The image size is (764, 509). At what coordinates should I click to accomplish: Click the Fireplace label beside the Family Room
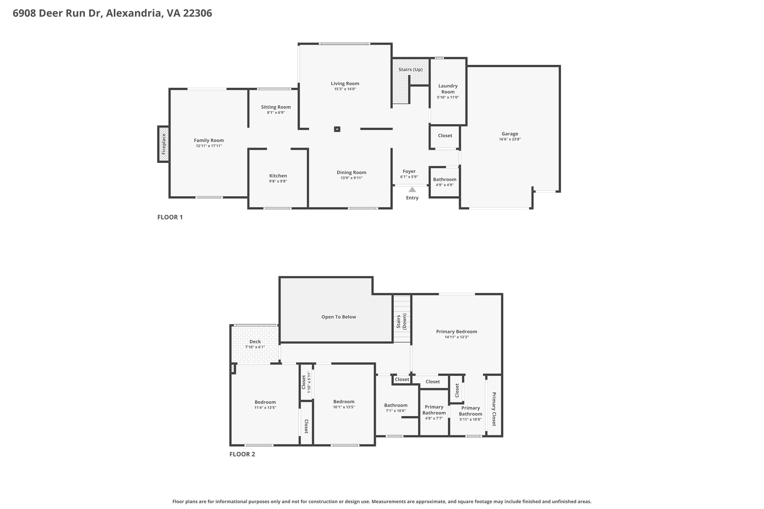pyautogui.click(x=163, y=144)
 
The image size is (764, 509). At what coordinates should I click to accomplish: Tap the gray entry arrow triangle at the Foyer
pyautogui.click(x=412, y=189)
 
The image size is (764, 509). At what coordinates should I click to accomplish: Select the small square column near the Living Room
pyautogui.click(x=337, y=129)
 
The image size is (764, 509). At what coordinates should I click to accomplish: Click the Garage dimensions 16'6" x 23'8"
pyautogui.click(x=510, y=139)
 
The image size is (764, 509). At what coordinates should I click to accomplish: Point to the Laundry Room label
pyautogui.click(x=448, y=89)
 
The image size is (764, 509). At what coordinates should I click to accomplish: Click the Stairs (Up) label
pyautogui.click(x=410, y=70)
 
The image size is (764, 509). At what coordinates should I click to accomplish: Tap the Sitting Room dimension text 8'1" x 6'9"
pyautogui.click(x=276, y=113)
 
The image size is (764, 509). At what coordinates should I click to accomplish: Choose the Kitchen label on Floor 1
pyautogui.click(x=278, y=176)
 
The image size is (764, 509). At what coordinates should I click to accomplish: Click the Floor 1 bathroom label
pyautogui.click(x=445, y=179)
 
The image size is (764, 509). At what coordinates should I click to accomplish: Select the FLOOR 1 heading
pyautogui.click(x=170, y=217)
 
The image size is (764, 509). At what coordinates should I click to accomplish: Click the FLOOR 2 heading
pyautogui.click(x=242, y=454)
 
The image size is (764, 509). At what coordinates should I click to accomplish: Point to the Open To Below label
pyautogui.click(x=338, y=317)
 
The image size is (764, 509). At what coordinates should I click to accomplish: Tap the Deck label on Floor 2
pyautogui.click(x=255, y=342)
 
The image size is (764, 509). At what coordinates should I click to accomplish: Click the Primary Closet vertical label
pyautogui.click(x=494, y=409)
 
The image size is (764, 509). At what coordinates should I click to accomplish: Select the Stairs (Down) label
pyautogui.click(x=401, y=321)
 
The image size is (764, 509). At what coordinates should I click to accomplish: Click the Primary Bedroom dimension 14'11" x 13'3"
pyautogui.click(x=456, y=337)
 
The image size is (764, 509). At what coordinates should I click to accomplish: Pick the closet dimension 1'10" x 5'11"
pyautogui.click(x=309, y=382)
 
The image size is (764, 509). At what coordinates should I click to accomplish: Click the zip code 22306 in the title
pyautogui.click(x=197, y=13)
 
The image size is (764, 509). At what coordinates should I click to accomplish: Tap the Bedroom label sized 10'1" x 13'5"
pyautogui.click(x=344, y=402)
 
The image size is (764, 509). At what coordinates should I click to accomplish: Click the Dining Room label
pyautogui.click(x=351, y=172)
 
